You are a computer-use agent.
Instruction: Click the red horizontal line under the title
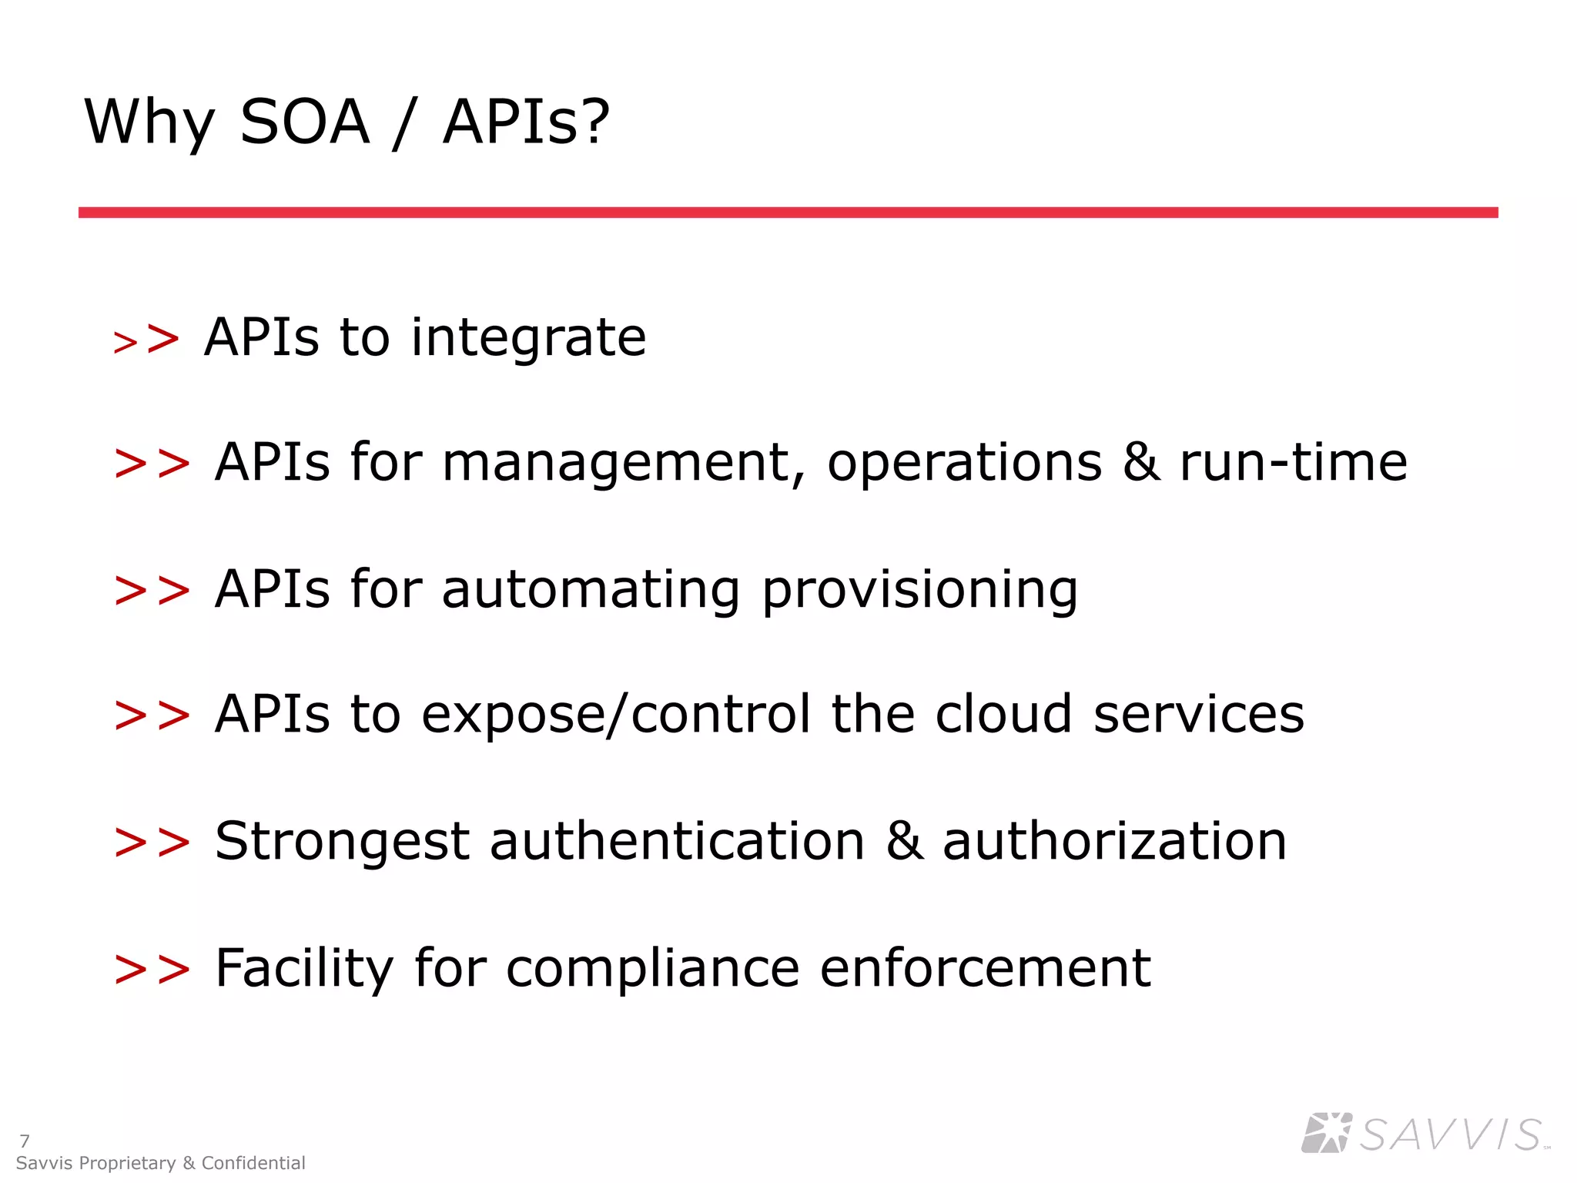788,212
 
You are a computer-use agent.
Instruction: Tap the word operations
964,464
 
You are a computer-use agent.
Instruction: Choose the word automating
591,590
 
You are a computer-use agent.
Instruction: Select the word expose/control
616,715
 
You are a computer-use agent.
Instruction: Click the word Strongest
342,841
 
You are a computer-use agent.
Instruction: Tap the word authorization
1114,840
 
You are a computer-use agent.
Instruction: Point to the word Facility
304,968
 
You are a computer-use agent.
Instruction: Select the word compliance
652,968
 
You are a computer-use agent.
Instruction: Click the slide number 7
25,1141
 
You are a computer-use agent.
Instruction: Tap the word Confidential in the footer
253,1163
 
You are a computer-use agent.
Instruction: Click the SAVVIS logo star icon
1326,1133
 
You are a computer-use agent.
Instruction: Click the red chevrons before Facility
152,970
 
